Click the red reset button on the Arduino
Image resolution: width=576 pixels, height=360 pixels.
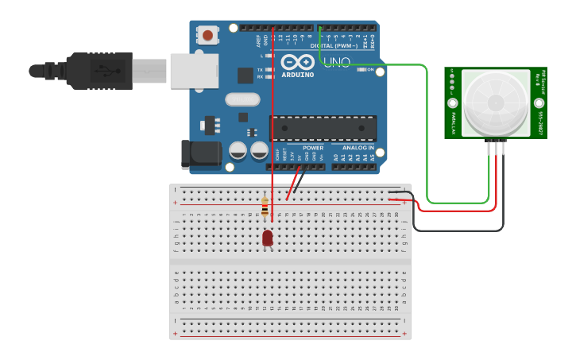pos(208,35)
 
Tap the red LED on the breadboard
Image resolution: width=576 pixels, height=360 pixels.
pos(268,238)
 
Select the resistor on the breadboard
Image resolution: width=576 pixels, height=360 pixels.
pos(265,207)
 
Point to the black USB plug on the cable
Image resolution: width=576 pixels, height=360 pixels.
pos(99,70)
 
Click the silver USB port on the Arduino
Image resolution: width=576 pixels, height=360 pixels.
pos(193,71)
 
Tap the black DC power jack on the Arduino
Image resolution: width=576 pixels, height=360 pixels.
pos(200,154)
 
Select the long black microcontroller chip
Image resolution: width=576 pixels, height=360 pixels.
pos(323,128)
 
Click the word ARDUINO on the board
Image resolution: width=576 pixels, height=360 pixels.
pos(297,75)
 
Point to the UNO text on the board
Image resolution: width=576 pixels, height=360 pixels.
pos(337,62)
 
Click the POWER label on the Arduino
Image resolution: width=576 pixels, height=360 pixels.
pos(313,148)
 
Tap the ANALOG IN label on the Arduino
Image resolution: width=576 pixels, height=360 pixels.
pos(358,148)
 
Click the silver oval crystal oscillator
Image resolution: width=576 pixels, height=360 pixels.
pos(242,99)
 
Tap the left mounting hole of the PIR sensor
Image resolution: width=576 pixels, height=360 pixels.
pos(453,103)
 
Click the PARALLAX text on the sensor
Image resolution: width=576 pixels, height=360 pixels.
pos(453,124)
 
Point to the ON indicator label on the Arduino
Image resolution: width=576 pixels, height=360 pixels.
pos(370,70)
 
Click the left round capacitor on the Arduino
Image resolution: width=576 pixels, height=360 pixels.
pos(238,150)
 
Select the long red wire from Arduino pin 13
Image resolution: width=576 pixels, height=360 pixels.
pos(273,119)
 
